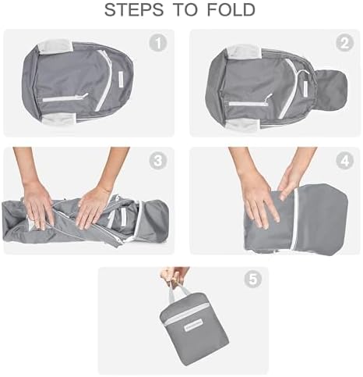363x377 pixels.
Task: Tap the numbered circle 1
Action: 158,44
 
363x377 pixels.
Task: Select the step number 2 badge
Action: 344,44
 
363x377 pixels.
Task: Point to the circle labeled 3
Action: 158,162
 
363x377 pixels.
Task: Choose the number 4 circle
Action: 344,162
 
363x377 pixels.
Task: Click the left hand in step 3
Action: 37,205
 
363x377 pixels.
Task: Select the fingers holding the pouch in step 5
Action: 174,276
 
